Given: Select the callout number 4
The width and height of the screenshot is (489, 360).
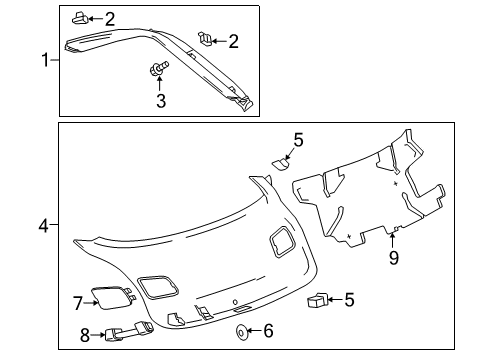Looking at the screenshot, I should [43, 228].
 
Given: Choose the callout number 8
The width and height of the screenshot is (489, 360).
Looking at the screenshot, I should [84, 336].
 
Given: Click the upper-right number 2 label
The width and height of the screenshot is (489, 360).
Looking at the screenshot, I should [234, 40].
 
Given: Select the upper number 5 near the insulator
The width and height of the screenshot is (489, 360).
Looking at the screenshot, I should [297, 140].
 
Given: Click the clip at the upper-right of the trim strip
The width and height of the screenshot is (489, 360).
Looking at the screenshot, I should [207, 39].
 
